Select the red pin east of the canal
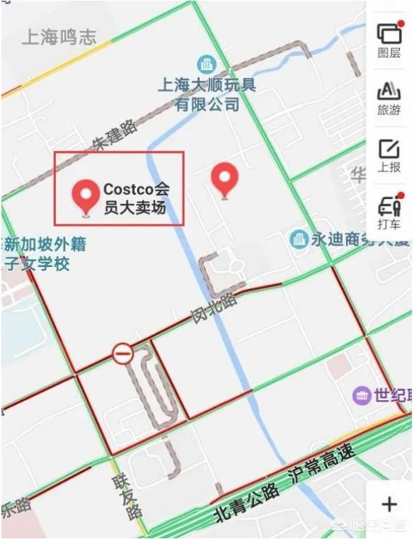(225, 178)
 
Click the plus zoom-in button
(389, 504)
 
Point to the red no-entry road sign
(122, 352)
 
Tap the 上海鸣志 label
(59, 38)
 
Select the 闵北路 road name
(214, 310)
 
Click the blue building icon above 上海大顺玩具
(206, 64)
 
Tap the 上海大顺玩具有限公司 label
(207, 95)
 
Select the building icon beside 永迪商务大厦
(299, 239)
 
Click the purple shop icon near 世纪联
(362, 395)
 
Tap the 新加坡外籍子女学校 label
(44, 254)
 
